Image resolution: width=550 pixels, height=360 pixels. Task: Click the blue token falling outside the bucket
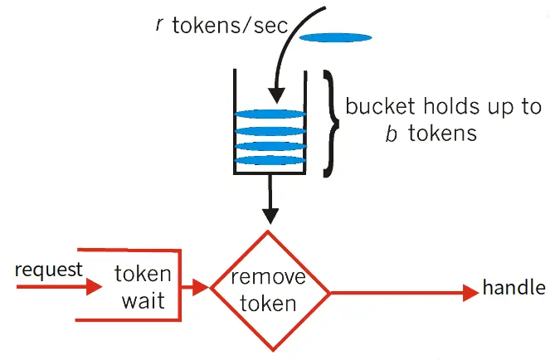click(334, 37)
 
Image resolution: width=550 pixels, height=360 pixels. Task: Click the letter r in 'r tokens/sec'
click(158, 25)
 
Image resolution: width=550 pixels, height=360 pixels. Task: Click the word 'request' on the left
click(49, 270)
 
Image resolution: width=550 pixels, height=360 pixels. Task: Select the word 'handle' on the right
click(513, 289)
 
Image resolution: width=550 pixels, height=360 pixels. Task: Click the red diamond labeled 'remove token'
click(269, 290)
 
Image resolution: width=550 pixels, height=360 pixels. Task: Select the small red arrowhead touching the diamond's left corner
click(201, 289)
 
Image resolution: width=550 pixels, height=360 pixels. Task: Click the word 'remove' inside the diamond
click(268, 277)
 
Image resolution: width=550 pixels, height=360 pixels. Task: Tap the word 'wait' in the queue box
click(144, 299)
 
